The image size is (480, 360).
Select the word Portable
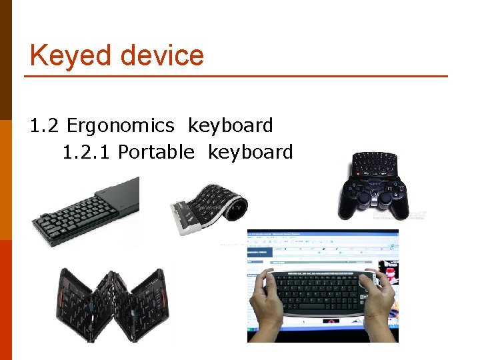[x=156, y=153]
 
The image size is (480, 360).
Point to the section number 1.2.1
[x=87, y=153]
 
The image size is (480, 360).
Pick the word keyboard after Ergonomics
[x=231, y=125]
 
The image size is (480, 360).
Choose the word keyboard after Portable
[x=251, y=153]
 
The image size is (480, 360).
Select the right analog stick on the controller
[x=386, y=199]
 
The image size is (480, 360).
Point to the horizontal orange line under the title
[x=236, y=76]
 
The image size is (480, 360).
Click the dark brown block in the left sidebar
[x=6, y=59]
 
